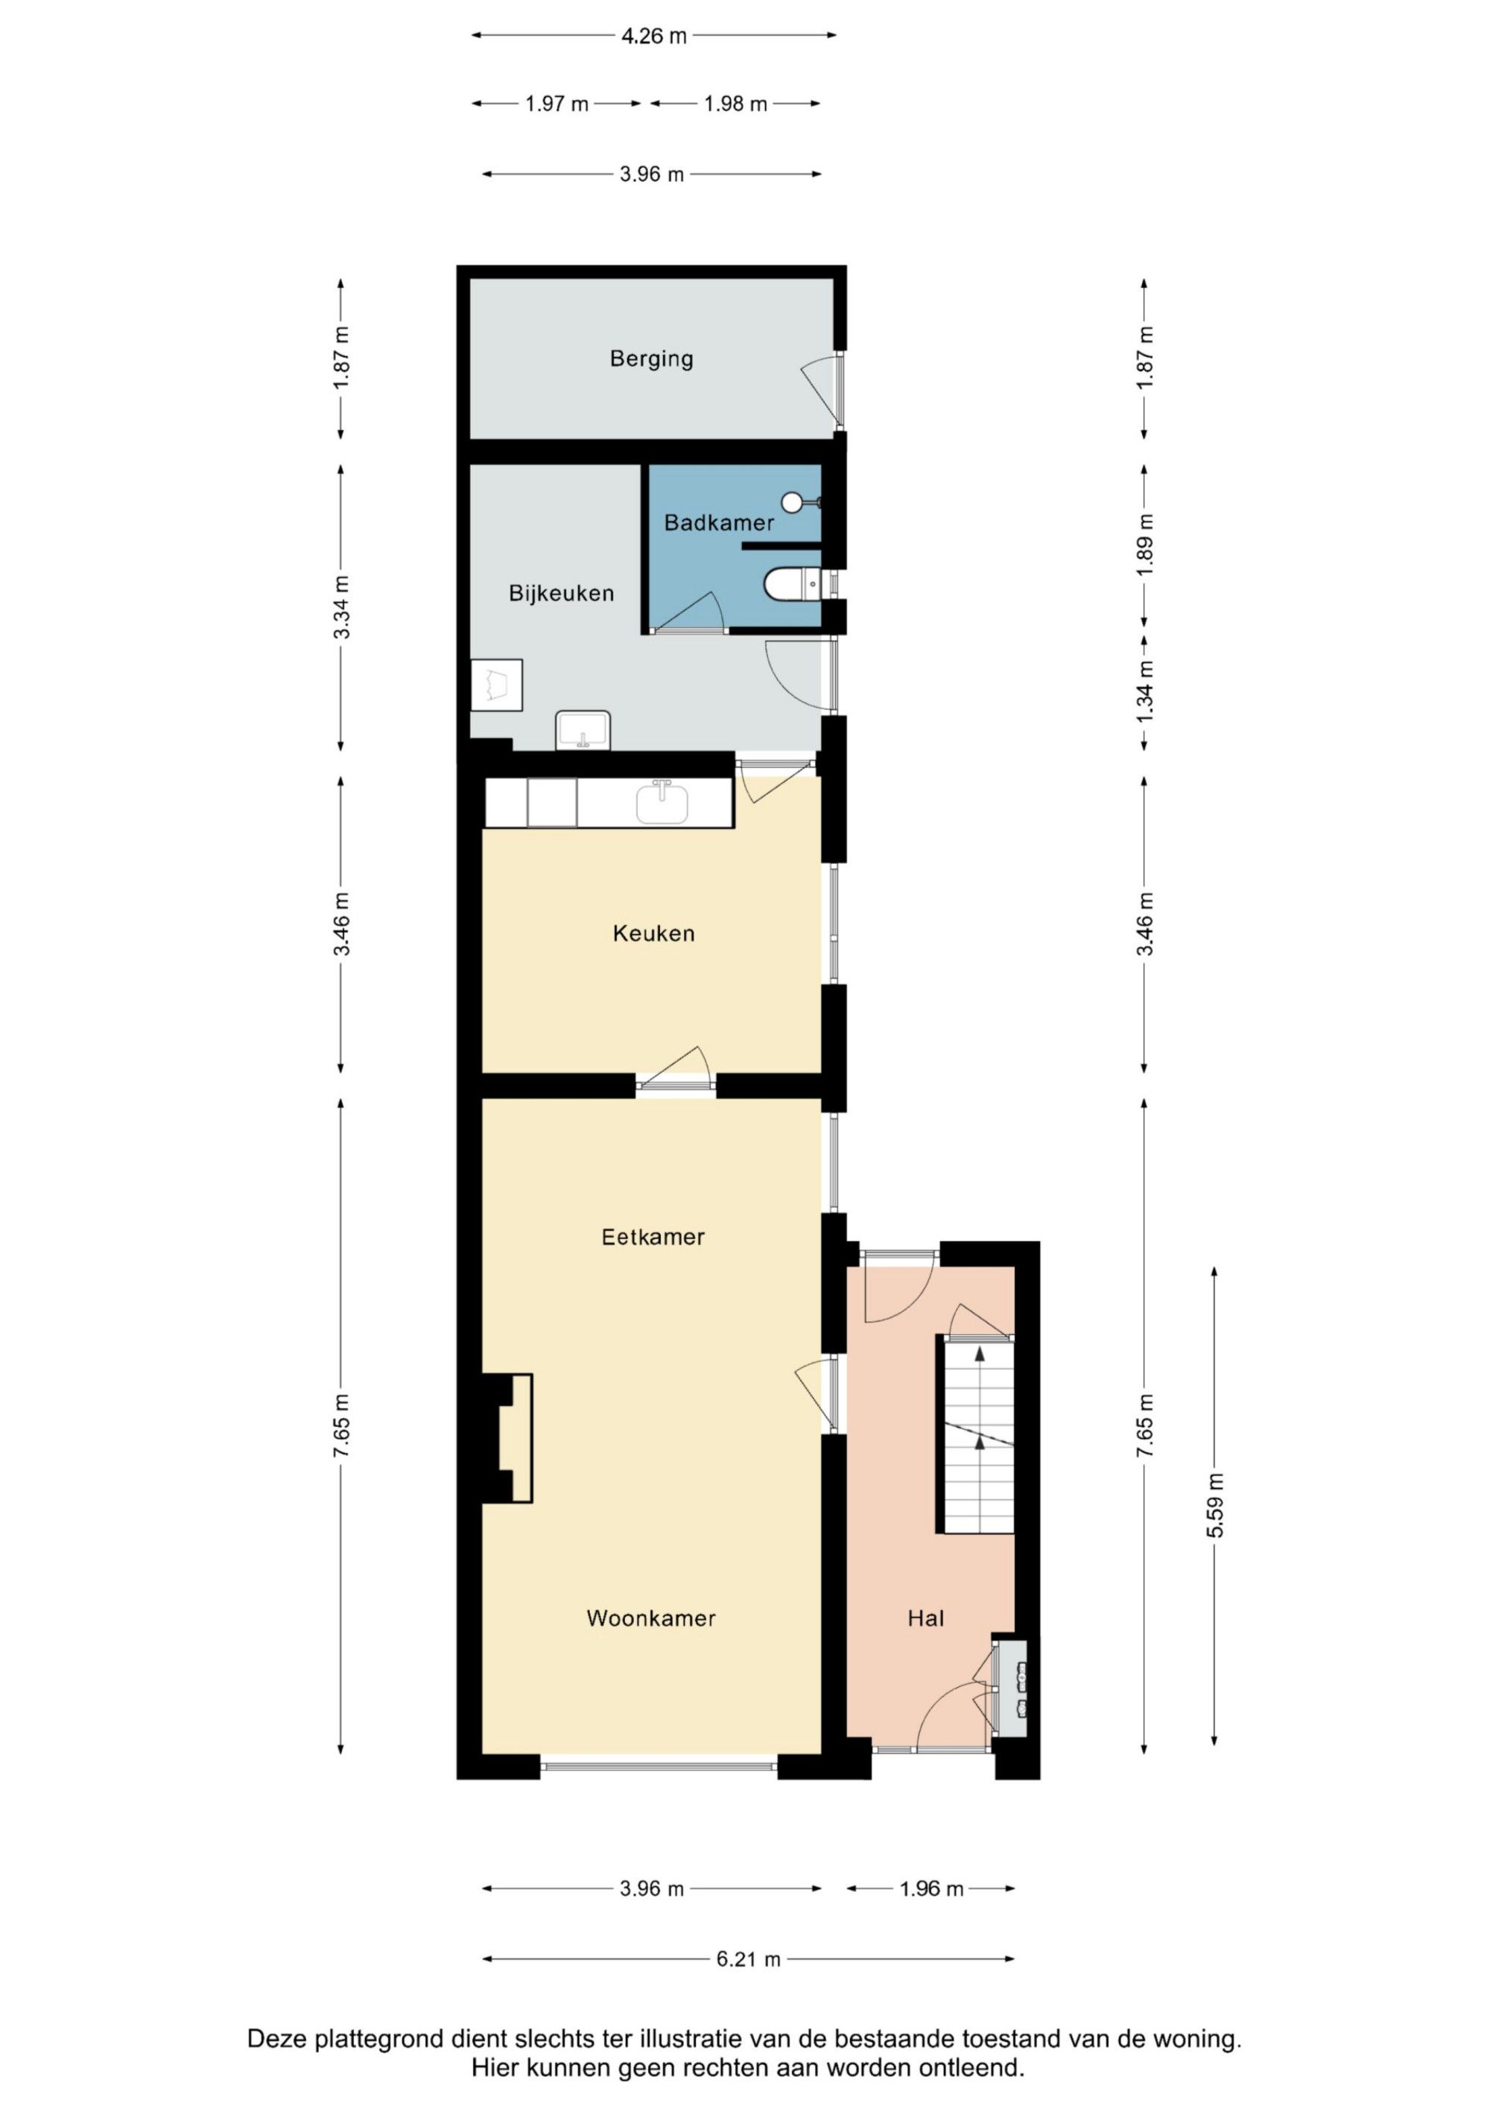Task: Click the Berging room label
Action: click(x=651, y=359)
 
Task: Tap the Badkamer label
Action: click(x=719, y=523)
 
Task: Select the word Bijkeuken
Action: click(x=561, y=593)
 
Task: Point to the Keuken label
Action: click(x=653, y=933)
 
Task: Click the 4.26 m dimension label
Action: click(x=653, y=36)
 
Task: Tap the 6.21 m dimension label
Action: click(x=748, y=1958)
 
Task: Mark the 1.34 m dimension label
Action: click(x=1144, y=692)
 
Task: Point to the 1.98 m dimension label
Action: click(x=735, y=104)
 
